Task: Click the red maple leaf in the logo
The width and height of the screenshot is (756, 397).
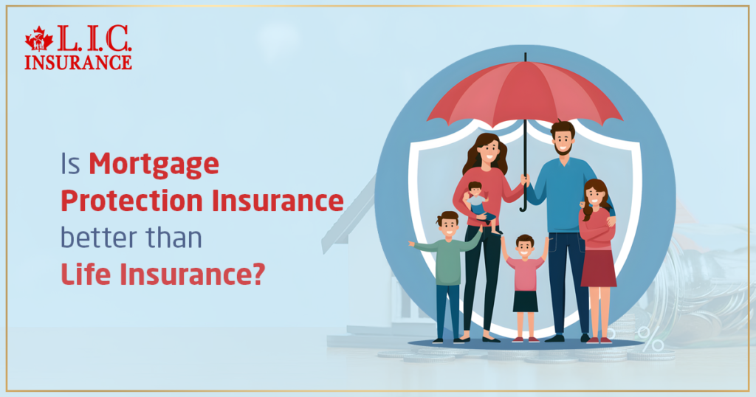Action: tap(38, 39)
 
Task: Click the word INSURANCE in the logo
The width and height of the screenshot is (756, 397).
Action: tap(78, 62)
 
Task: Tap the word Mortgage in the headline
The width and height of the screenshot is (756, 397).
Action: tap(154, 164)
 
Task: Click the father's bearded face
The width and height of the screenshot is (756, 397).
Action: tap(562, 139)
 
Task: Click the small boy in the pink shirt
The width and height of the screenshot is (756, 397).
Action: tap(525, 280)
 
